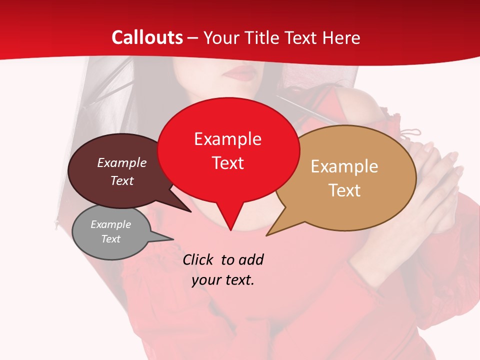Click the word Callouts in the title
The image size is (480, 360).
147,37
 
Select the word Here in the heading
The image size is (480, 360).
341,37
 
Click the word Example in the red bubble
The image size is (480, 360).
227,139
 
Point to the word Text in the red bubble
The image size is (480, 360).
227,163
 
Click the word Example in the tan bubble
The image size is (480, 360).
344,166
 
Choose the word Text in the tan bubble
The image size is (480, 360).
344,190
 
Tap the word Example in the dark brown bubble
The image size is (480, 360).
121,162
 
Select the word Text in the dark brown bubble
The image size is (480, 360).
121,180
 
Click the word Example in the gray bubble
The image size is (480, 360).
110,224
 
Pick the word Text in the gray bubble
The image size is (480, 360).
110,239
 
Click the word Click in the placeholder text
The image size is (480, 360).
198,259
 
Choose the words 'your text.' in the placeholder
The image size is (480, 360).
223,280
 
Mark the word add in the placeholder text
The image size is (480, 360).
250,259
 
